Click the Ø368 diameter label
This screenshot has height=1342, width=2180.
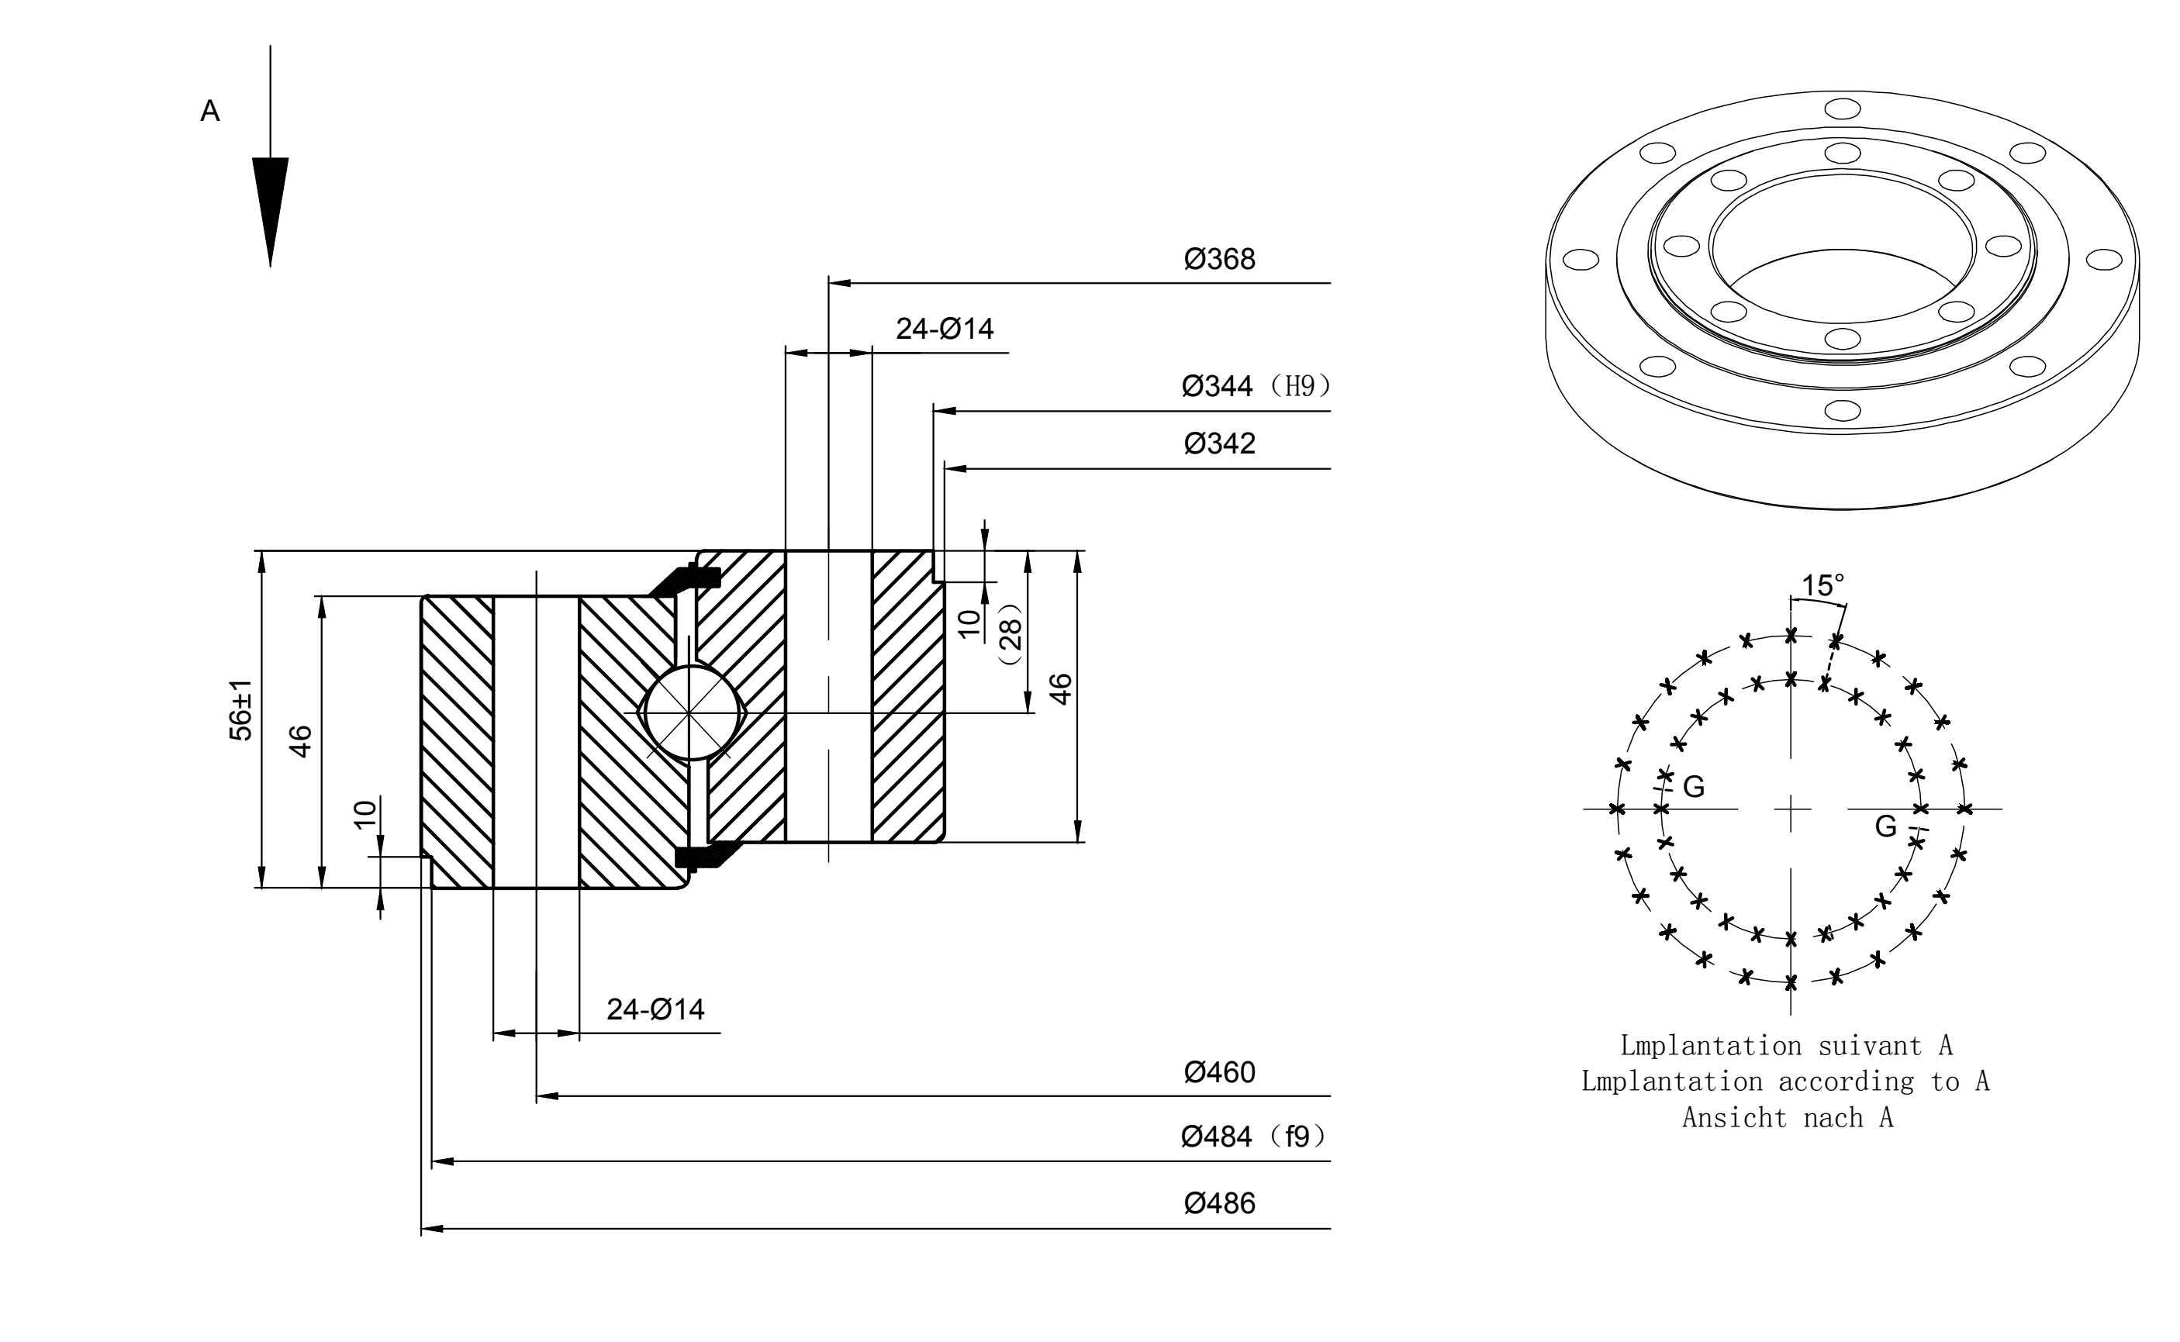(1220, 259)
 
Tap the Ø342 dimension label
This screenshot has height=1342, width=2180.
(1220, 443)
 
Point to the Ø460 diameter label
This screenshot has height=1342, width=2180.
(1220, 1072)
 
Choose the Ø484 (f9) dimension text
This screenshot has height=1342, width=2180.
(1253, 1136)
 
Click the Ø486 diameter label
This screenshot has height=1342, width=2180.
(1220, 1202)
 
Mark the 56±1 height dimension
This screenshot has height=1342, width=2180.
(240, 710)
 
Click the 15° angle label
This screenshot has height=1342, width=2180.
(1822, 586)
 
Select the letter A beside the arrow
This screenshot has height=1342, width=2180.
(210, 111)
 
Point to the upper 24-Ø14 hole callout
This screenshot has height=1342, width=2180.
(945, 329)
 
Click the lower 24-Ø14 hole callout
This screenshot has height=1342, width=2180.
(655, 1009)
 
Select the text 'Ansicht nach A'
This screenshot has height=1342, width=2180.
(1788, 1117)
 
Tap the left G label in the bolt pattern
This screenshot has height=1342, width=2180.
(1694, 786)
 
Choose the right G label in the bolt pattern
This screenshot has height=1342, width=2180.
(1885, 826)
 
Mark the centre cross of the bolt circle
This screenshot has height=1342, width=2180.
(1791, 809)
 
